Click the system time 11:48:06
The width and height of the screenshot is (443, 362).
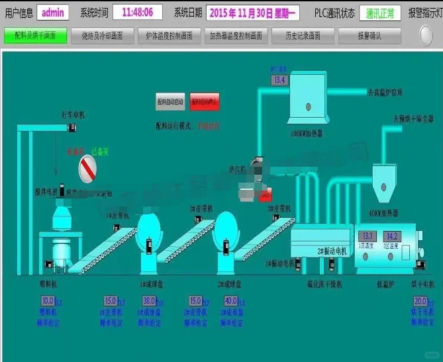pyautogui.click(x=137, y=13)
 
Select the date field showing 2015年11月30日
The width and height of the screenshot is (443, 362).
pyautogui.click(x=253, y=13)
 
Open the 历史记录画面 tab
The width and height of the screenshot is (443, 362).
pyautogui.click(x=299, y=36)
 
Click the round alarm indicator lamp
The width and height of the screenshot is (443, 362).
pyautogui.click(x=426, y=35)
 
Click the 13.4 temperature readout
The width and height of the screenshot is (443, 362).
pyautogui.click(x=279, y=80)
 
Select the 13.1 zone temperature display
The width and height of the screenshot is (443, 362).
pyautogui.click(x=367, y=236)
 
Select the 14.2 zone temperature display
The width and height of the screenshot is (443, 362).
pyautogui.click(x=391, y=236)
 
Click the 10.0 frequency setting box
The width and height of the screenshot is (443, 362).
pyautogui.click(x=48, y=300)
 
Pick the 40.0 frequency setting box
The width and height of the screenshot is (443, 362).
pyautogui.click(x=231, y=300)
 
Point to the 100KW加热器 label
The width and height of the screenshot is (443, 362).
pyautogui.click(x=307, y=133)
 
